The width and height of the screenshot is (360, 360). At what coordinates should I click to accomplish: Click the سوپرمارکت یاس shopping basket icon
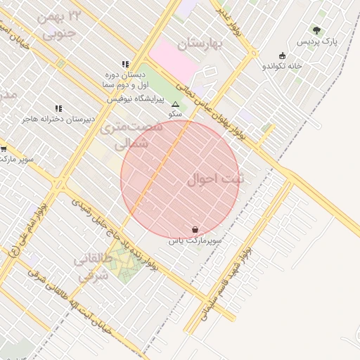pyautogui.click(x=195, y=229)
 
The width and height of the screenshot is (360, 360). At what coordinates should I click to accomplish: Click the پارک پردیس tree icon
pyautogui.click(x=316, y=30)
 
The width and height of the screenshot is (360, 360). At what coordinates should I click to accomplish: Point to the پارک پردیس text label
pyautogui.click(x=316, y=42)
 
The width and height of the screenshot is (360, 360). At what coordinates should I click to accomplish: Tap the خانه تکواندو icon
pyautogui.click(x=283, y=56)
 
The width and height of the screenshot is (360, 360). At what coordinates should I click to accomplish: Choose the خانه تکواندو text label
pyautogui.click(x=282, y=66)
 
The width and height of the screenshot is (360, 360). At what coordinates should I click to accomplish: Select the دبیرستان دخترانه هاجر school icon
pyautogui.click(x=58, y=108)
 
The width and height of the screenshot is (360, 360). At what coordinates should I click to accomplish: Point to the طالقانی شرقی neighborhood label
pyautogui.click(x=92, y=268)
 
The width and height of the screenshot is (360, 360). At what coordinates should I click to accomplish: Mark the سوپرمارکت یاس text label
pyautogui.click(x=195, y=240)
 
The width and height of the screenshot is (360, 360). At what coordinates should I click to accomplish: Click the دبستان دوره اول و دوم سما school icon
pyautogui.click(x=125, y=64)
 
